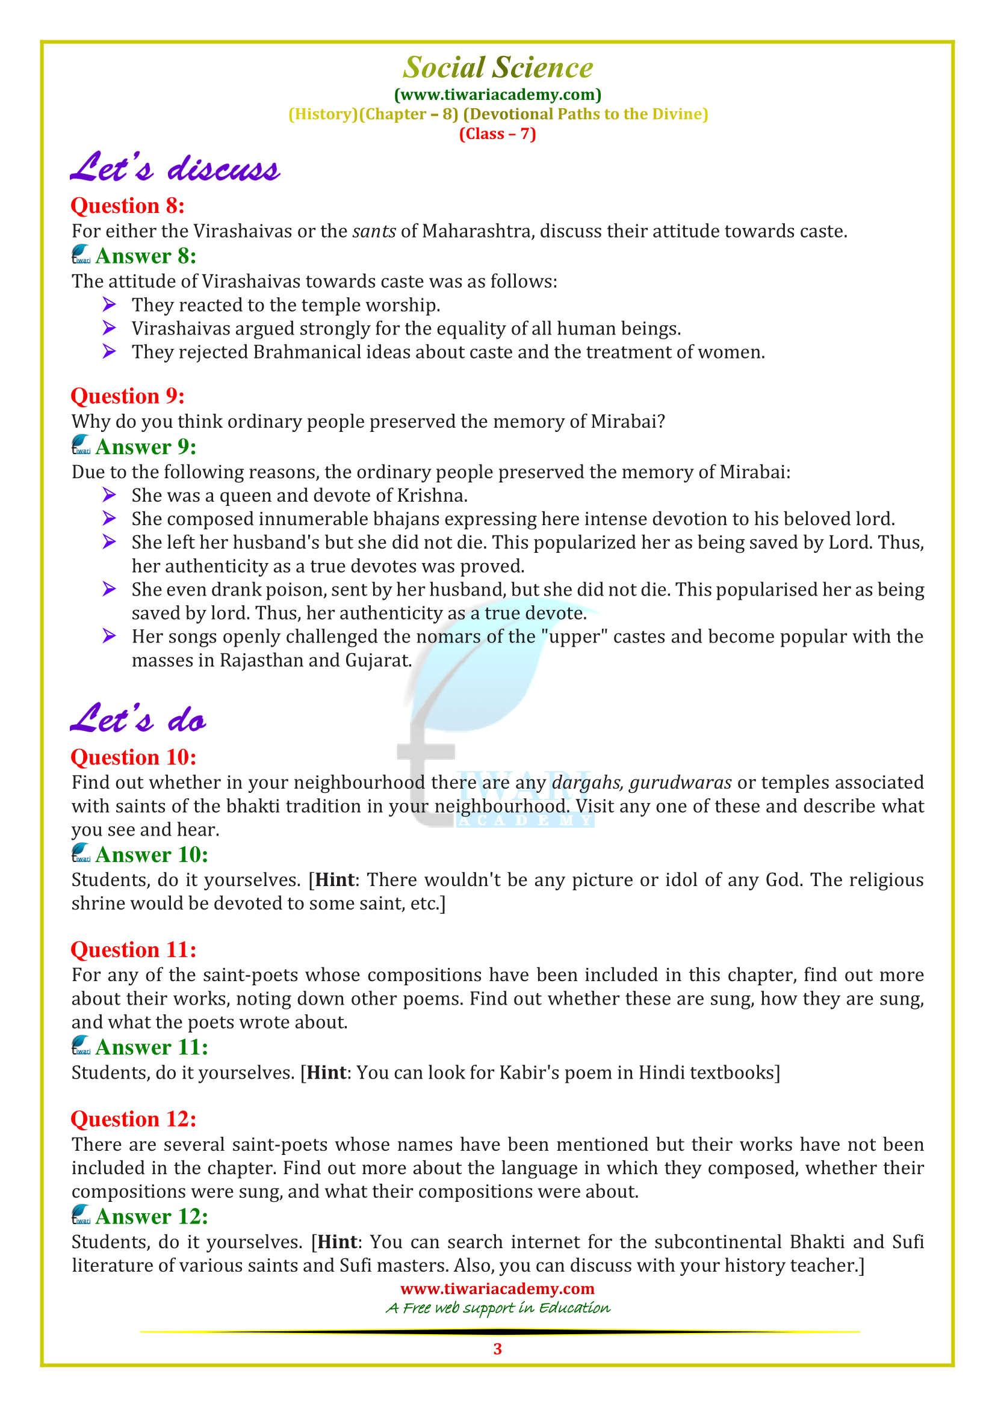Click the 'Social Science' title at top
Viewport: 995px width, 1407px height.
(x=497, y=67)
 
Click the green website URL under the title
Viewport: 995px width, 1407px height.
(x=497, y=94)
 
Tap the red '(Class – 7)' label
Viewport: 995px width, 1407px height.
(x=497, y=134)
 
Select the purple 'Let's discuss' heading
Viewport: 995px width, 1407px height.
(x=175, y=168)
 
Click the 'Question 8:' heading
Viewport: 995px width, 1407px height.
(x=128, y=206)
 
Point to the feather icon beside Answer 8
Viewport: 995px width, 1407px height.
(x=81, y=254)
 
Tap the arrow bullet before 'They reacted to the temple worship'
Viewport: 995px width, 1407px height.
(x=109, y=304)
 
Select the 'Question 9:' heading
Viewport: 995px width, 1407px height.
(x=128, y=396)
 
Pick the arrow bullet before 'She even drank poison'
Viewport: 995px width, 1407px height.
(x=109, y=590)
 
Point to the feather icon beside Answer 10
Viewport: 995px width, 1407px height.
(x=81, y=853)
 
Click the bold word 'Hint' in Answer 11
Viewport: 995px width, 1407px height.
(x=327, y=1073)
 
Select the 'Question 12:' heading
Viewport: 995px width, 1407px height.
(x=134, y=1119)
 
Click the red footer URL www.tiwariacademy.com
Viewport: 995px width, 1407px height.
(x=497, y=1288)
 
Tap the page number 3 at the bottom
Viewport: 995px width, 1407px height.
(x=497, y=1349)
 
